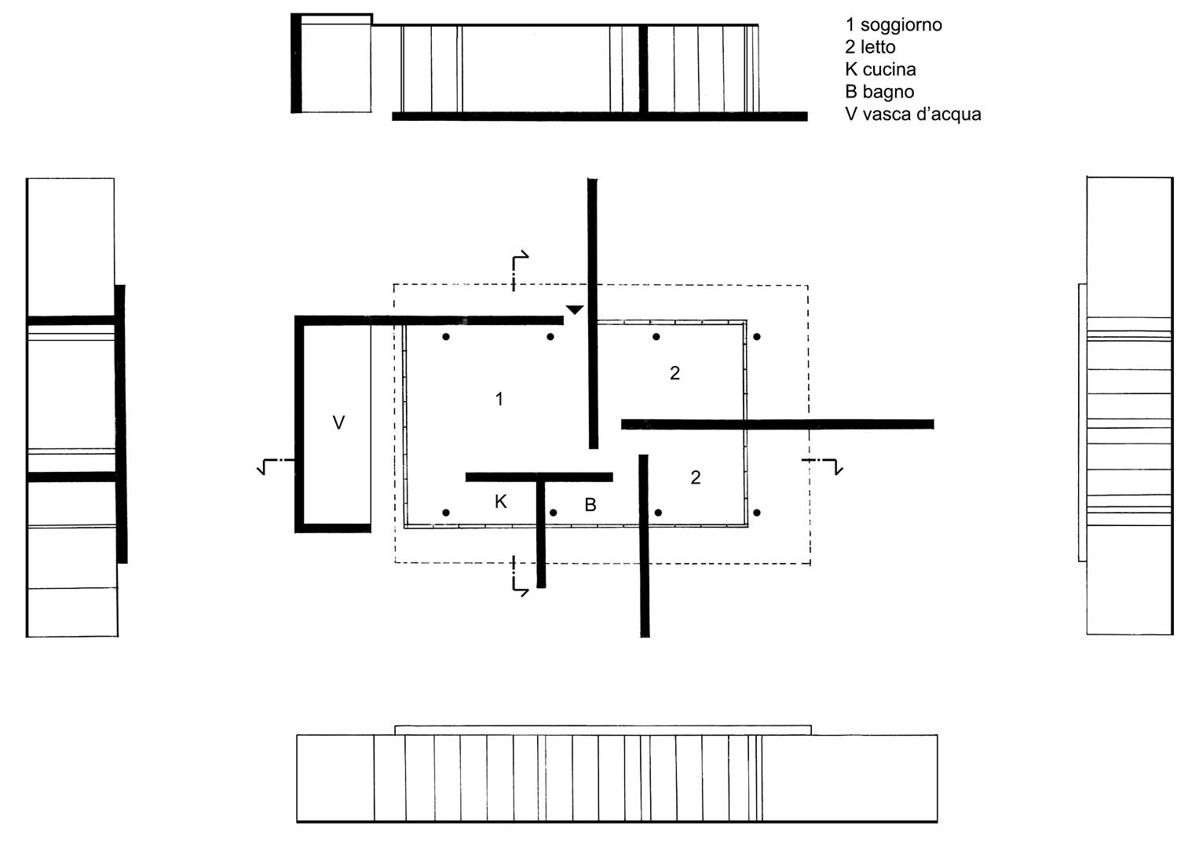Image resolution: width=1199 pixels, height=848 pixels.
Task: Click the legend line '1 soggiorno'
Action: (x=893, y=25)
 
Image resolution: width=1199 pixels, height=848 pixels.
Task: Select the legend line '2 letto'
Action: (x=870, y=47)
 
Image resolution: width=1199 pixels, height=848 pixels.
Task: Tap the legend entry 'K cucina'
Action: (x=880, y=69)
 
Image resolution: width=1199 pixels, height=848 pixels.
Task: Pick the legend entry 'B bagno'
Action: (x=879, y=92)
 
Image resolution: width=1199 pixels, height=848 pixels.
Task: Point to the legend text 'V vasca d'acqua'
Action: (x=912, y=115)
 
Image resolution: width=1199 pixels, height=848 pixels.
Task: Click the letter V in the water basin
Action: (x=338, y=423)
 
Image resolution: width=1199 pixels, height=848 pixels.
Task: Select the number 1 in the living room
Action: (x=499, y=399)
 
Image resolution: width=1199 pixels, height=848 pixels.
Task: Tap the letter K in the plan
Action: (x=500, y=502)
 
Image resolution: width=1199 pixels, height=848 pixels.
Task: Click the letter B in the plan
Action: (x=590, y=505)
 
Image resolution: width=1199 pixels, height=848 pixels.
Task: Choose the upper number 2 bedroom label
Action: (x=674, y=373)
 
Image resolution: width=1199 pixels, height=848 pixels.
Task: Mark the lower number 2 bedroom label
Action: (x=695, y=477)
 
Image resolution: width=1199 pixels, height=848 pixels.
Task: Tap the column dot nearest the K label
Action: (x=446, y=513)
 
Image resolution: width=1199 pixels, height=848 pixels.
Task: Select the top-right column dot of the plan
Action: (x=757, y=337)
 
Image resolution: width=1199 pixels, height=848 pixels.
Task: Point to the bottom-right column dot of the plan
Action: (x=757, y=513)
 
